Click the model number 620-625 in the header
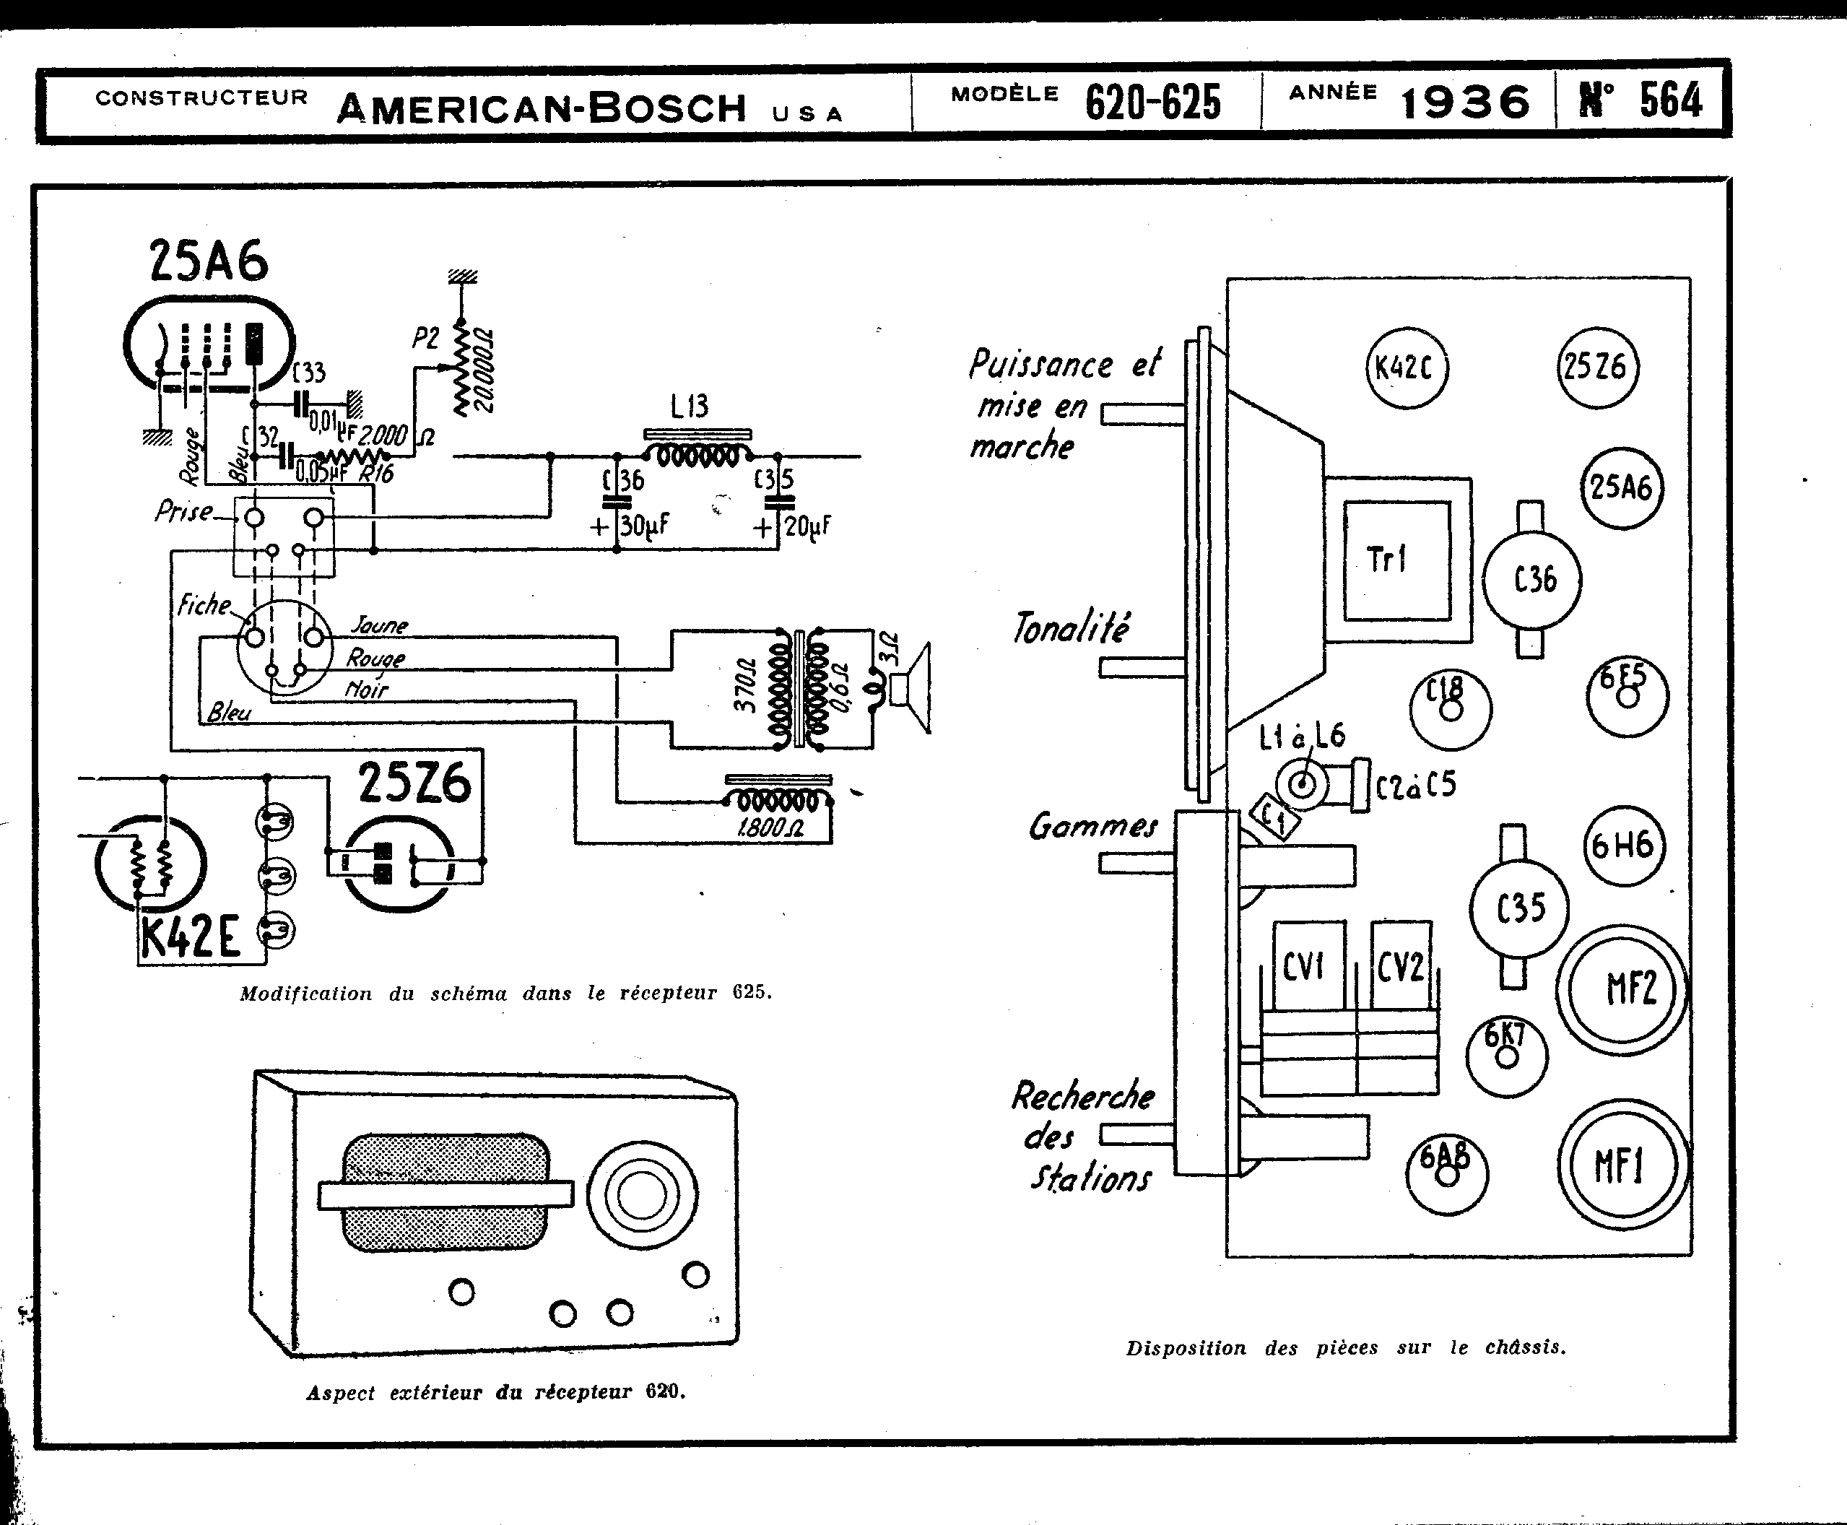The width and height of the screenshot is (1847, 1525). tap(1152, 103)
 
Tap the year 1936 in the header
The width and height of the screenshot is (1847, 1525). tap(1465, 103)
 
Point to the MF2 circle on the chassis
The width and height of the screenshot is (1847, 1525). tap(1623, 989)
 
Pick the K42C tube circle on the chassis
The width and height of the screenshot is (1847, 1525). tap(1406, 368)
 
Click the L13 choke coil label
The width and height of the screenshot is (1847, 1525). tap(690, 407)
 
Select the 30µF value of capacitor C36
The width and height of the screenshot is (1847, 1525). tap(644, 526)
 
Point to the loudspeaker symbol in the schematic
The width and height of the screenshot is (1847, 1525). tap(910, 688)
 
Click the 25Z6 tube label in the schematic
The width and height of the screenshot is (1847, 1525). tap(414, 784)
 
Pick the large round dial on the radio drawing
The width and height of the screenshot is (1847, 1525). tap(642, 1195)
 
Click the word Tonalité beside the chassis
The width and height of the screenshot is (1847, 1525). tap(1071, 628)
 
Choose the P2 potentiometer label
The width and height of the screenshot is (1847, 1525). tap(425, 338)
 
